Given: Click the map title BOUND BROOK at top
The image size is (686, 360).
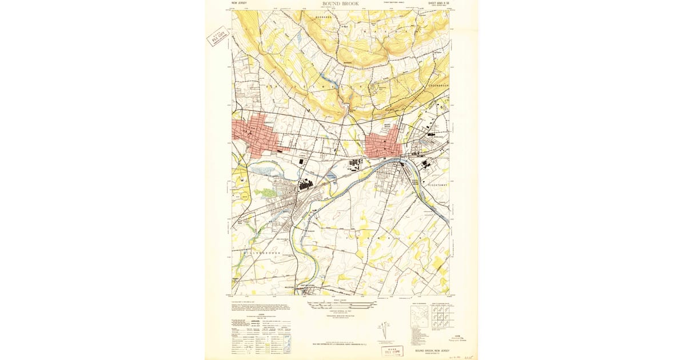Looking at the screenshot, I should pos(341,4).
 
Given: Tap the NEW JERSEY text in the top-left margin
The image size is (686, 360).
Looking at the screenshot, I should pos(239,3).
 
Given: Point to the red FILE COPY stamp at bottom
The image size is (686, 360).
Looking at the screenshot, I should pos(392,350).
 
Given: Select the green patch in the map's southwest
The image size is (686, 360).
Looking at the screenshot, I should pos(264,193).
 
